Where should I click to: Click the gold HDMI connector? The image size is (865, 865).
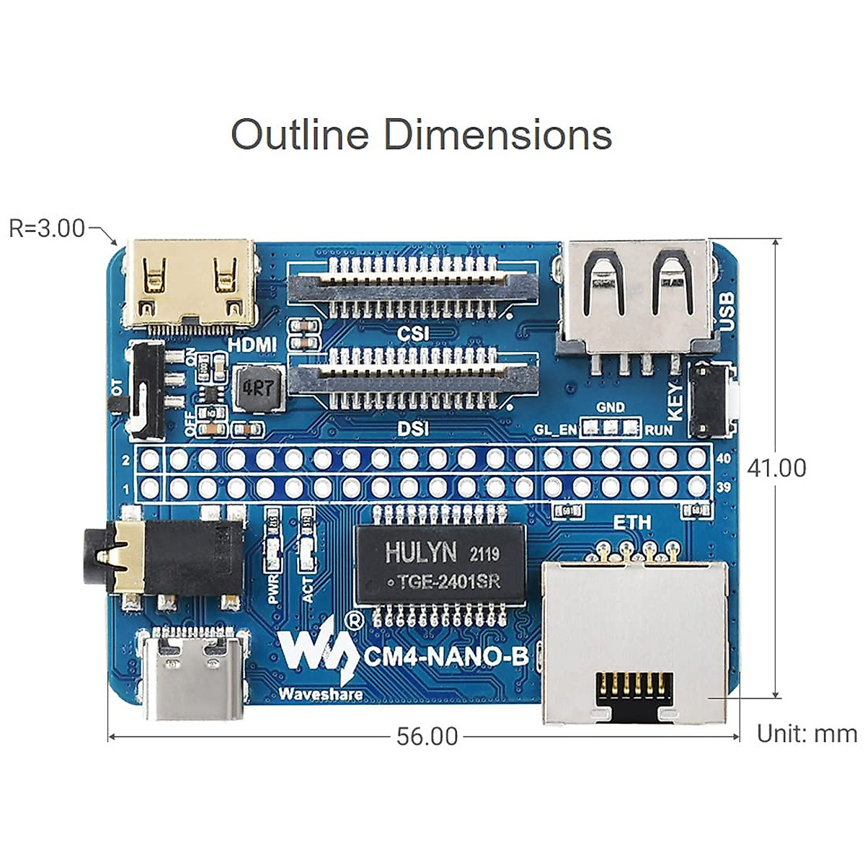coord(190,283)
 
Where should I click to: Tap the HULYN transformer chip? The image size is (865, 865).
coord(440,564)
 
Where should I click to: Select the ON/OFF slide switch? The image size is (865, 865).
coord(146,390)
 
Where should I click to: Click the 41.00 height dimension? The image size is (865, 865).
coord(776,468)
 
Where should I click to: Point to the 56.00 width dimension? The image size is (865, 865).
coord(427,737)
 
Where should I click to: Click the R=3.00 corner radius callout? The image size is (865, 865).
coord(47,229)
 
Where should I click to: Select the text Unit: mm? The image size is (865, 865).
coord(807,734)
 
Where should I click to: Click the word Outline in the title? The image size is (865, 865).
coord(299,135)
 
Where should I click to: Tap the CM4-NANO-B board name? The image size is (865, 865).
coord(445,657)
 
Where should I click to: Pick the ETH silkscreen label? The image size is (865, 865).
coord(631,522)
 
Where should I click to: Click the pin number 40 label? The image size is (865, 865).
coord(724,458)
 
